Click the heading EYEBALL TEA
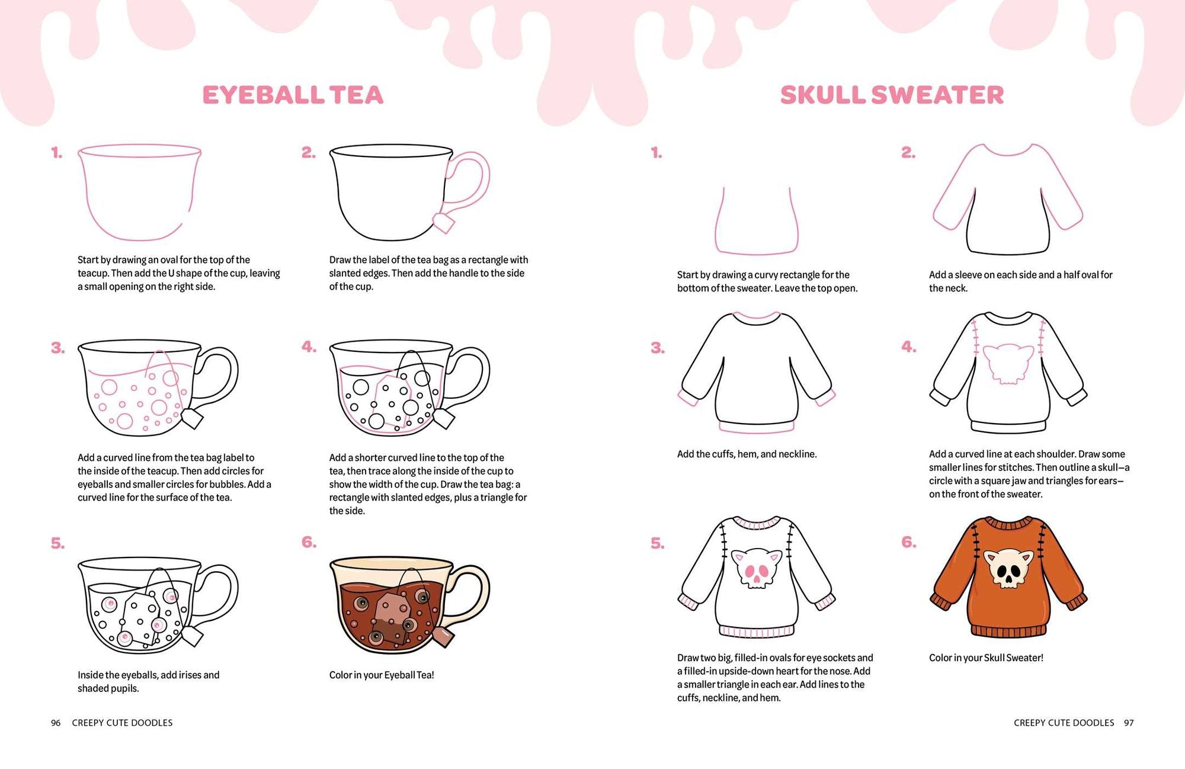293,95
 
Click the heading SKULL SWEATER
892,95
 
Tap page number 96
56,723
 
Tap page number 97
1129,723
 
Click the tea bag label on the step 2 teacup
444,223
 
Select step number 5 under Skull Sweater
657,544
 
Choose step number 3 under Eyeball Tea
57,348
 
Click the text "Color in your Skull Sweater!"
986,658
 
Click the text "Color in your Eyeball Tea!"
382,675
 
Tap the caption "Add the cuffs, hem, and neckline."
747,454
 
